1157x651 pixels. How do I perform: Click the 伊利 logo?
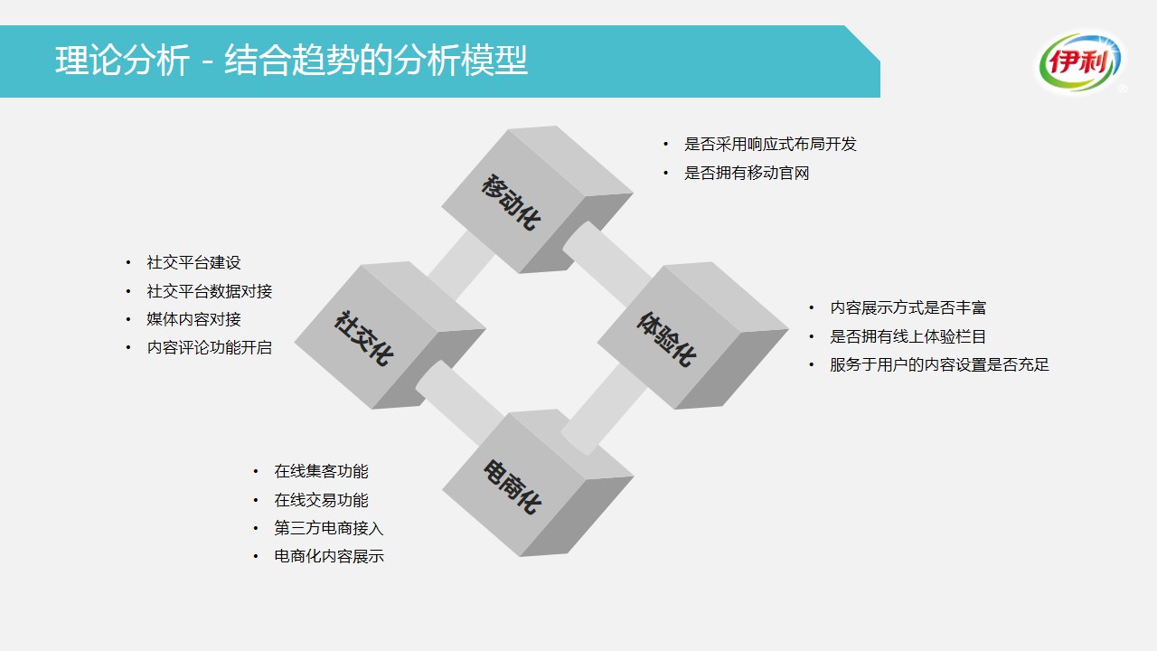(x=1080, y=63)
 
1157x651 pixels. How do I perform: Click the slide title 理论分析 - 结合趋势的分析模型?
(x=291, y=61)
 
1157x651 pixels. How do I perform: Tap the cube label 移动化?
(x=512, y=202)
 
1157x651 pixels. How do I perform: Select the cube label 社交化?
(x=363, y=338)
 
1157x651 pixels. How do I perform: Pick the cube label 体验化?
(x=666, y=338)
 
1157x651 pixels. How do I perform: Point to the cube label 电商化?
(x=512, y=486)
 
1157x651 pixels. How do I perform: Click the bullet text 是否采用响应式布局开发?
(x=770, y=144)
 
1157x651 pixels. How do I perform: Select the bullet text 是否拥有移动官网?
(x=747, y=173)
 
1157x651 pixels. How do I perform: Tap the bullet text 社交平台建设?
(x=193, y=262)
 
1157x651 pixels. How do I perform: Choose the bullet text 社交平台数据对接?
(x=209, y=291)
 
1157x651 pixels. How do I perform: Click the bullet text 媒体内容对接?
(x=193, y=319)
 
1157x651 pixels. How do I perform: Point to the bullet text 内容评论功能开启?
(x=209, y=347)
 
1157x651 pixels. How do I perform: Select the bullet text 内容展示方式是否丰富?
(x=908, y=308)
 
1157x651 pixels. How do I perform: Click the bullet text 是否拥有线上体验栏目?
(x=908, y=336)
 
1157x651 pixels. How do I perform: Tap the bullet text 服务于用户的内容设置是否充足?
(x=939, y=364)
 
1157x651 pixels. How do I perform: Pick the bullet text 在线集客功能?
(x=321, y=471)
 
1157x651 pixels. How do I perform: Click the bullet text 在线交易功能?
(x=321, y=500)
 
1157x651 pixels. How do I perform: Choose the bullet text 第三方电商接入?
(x=328, y=528)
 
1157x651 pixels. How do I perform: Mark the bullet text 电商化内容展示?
(x=328, y=556)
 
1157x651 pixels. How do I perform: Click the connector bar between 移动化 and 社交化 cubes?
(x=461, y=265)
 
